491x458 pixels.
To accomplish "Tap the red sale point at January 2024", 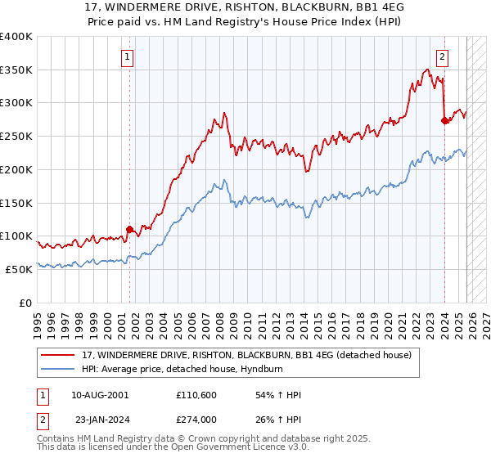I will [444, 120].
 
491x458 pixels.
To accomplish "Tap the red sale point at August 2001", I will [129, 229].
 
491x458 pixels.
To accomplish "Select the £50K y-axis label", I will [19, 269].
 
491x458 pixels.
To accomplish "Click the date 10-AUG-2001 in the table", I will [100, 395].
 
